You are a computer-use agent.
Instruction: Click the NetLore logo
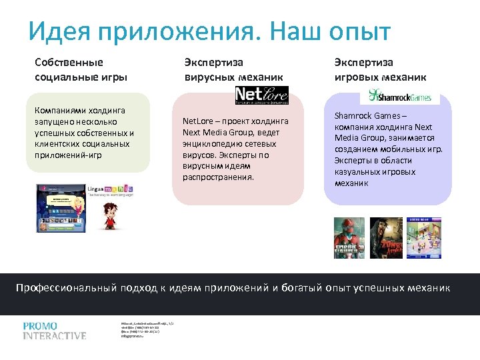261,96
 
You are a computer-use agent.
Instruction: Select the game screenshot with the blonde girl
61,207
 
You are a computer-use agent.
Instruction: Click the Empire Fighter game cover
349,238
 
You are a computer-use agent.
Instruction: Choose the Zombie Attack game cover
386,238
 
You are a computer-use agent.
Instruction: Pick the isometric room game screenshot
423,238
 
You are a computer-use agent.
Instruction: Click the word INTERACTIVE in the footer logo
55,336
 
